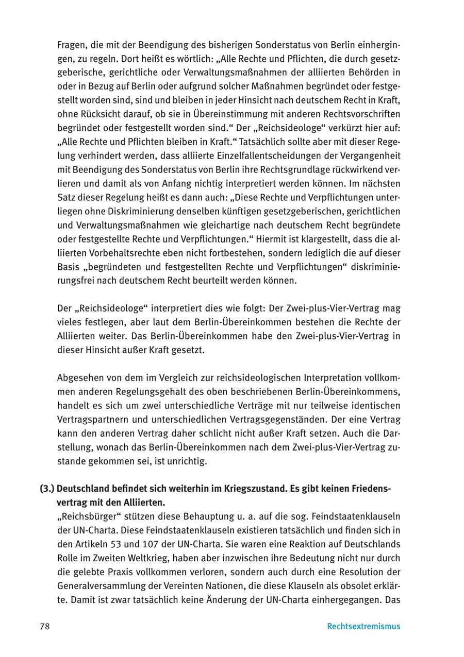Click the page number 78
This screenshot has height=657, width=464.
[x=44, y=627]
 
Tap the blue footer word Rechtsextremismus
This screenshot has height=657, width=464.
[x=363, y=627]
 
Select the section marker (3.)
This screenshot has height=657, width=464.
[x=47, y=488]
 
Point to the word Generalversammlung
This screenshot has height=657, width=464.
[x=100, y=585]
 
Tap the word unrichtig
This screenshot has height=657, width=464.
[x=189, y=461]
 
